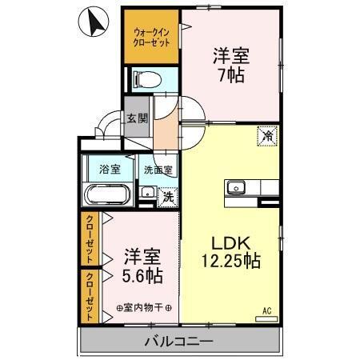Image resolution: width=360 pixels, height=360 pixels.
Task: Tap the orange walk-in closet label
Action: coord(151,37)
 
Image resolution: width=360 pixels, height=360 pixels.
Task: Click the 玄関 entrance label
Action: coord(137,118)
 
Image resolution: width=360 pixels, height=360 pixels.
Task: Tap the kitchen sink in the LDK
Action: coord(235,188)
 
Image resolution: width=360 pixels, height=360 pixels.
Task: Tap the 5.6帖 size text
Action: coord(142,276)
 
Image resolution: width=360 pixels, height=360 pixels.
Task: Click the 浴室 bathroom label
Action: coord(110,169)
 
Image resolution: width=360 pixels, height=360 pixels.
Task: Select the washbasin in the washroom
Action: coord(147,193)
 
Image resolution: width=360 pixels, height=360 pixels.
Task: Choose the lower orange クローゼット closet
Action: coord(90,295)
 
